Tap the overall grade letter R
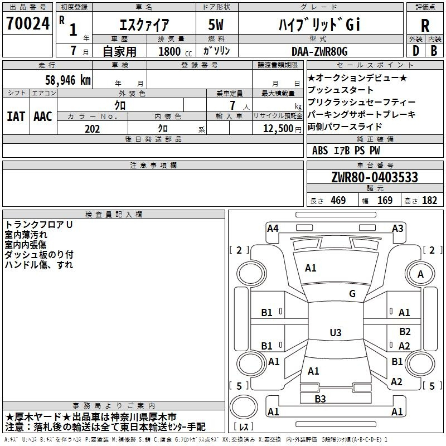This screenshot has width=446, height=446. pyautogui.click(x=425, y=26)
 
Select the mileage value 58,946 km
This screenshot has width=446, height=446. pyautogui.click(x=62, y=80)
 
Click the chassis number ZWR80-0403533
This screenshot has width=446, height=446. pyautogui.click(x=375, y=177)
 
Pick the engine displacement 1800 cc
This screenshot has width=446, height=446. pyautogui.click(x=171, y=51)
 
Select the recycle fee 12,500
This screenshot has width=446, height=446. pyautogui.click(x=277, y=129)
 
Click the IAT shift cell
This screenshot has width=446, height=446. pyautogui.click(x=16, y=117)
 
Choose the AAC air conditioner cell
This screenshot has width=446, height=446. pyautogui.click(x=43, y=117)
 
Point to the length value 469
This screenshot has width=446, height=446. pyautogui.click(x=337, y=200)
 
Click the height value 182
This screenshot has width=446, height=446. pyautogui.click(x=429, y=200)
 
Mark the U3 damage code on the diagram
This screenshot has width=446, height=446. pyautogui.click(x=335, y=332)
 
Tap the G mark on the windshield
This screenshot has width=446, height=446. pyautogui.click(x=352, y=294)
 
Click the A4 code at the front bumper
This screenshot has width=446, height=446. pyautogui.click(x=273, y=228)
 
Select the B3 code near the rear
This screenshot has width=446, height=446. pyautogui.click(x=320, y=399)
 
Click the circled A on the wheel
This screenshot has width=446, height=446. pyautogui.click(x=420, y=274)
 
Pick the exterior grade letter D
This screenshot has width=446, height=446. pyautogui.click(x=415, y=51)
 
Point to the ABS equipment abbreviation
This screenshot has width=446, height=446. pyautogui.click(x=320, y=150)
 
